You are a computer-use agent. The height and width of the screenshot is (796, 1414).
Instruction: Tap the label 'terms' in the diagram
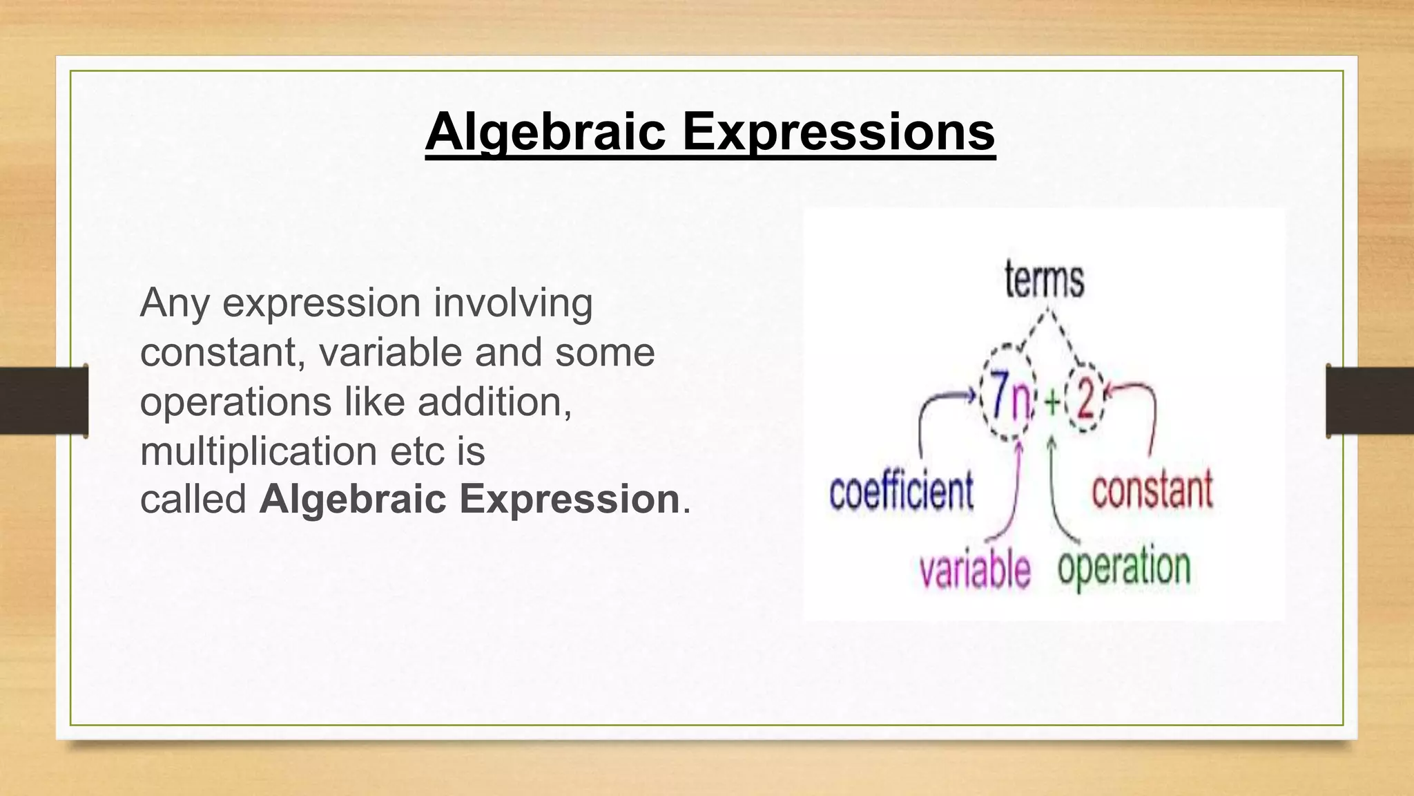(x=1044, y=281)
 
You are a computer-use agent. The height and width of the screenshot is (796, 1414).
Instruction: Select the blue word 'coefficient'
(x=902, y=491)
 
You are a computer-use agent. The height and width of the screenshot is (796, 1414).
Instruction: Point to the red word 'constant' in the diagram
(x=1152, y=490)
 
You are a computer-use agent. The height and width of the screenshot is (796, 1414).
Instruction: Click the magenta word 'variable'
(x=975, y=571)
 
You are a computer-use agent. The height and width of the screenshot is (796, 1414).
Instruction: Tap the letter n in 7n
(x=1021, y=402)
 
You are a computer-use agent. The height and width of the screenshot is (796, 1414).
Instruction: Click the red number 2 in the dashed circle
(x=1085, y=399)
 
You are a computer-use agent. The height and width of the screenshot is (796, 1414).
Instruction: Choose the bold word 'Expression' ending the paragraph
(x=570, y=499)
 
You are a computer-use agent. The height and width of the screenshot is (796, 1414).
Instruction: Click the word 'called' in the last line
(x=193, y=499)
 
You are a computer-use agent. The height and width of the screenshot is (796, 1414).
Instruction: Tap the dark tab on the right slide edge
(x=1370, y=401)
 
